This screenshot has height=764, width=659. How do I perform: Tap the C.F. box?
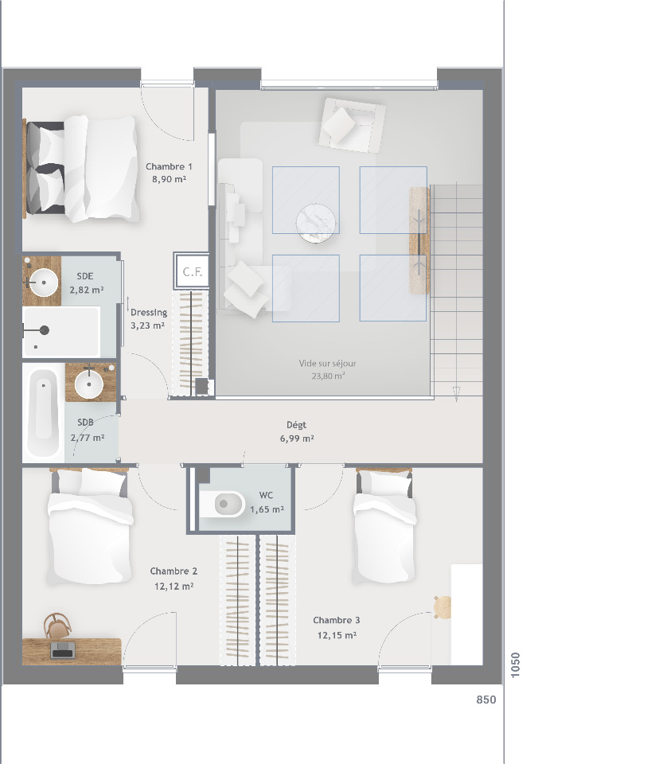192,271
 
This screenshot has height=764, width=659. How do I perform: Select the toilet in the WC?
222,504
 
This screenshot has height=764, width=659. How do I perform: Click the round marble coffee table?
316,223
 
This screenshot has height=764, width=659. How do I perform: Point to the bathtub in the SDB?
43,413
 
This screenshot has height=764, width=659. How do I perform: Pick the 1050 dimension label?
515,665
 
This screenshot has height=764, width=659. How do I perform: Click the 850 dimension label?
486,700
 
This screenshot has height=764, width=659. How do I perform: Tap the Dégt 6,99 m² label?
297,431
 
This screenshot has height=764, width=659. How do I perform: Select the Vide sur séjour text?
328,363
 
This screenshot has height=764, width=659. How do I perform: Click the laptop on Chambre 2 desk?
62,650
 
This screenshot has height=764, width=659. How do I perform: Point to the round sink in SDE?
44,282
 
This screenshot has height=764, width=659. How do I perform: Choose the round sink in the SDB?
88,384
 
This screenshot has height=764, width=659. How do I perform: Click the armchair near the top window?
352,123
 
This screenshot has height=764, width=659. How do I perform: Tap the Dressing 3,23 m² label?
148,318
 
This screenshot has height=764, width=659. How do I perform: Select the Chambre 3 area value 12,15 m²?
337,635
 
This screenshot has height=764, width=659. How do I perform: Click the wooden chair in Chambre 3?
442,607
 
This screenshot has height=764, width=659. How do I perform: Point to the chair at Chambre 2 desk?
57,626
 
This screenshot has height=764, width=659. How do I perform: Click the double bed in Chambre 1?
81,169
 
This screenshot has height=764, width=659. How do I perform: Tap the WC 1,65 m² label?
267,502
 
